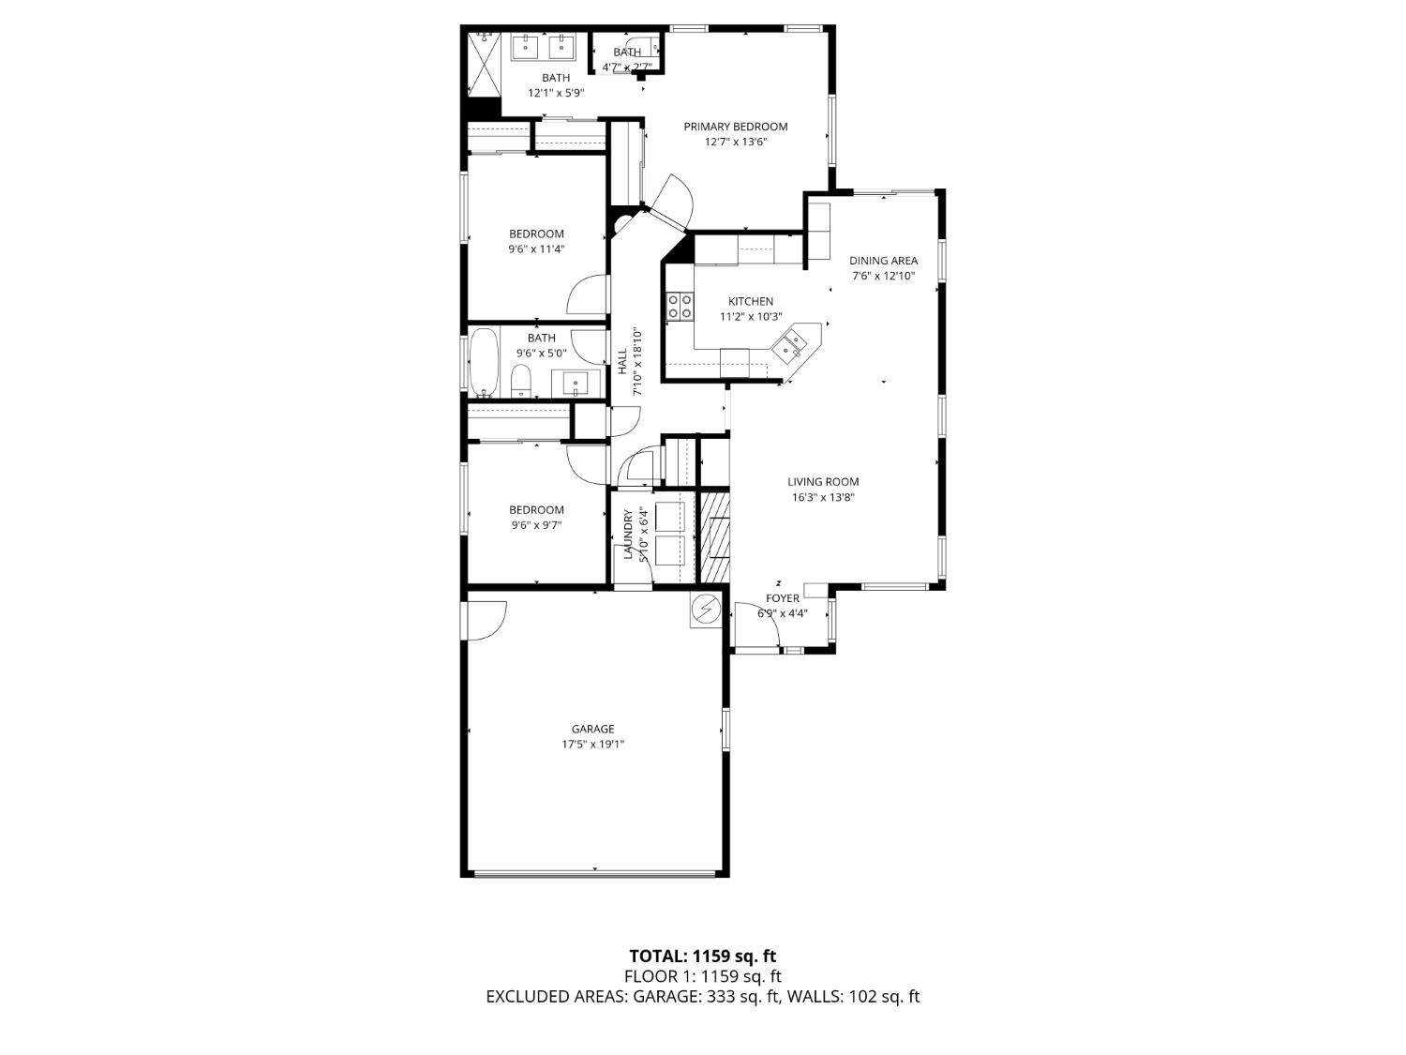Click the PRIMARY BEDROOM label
(735, 127)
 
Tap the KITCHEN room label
(751, 301)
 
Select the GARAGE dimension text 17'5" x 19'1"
(592, 745)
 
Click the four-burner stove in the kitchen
(680, 306)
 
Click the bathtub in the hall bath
(484, 361)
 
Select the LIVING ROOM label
(823, 482)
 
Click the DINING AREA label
(883, 261)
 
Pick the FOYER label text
(783, 598)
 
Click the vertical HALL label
(622, 361)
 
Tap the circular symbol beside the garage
(706, 610)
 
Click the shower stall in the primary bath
(484, 64)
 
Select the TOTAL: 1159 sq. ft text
(702, 957)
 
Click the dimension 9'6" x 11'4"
(536, 249)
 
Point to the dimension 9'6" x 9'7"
(536, 525)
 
